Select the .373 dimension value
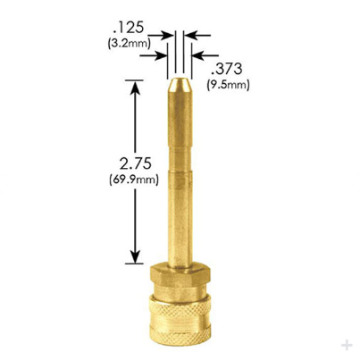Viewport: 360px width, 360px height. tap(222, 71)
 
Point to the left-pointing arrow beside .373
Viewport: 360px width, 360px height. tap(198, 54)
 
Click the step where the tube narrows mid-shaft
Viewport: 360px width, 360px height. tap(181, 171)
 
